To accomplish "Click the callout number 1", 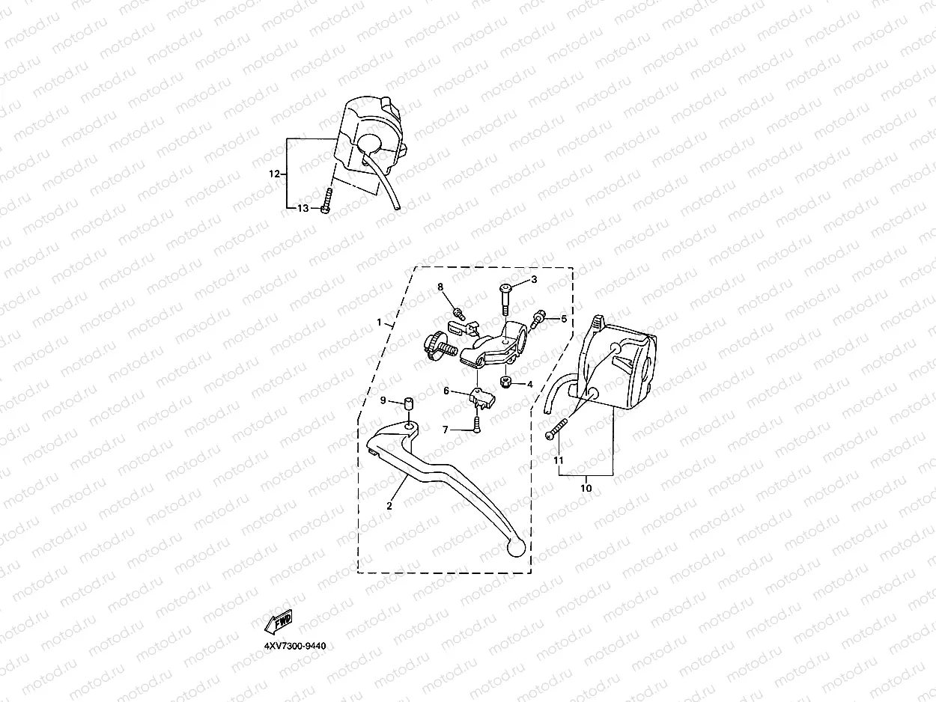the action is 380,323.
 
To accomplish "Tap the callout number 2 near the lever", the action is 389,506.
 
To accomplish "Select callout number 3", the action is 534,280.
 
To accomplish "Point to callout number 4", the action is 529,385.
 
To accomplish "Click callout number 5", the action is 564,319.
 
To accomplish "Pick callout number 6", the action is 446,391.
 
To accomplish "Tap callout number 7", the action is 446,430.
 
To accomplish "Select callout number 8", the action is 440,287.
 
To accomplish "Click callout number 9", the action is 383,401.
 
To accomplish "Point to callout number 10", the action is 586,488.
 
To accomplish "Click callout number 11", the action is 558,461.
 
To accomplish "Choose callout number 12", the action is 274,174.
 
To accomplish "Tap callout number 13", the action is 303,208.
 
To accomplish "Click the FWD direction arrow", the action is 279,620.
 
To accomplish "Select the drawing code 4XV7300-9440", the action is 294,645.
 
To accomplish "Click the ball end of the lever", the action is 515,549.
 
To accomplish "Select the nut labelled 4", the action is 507,383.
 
